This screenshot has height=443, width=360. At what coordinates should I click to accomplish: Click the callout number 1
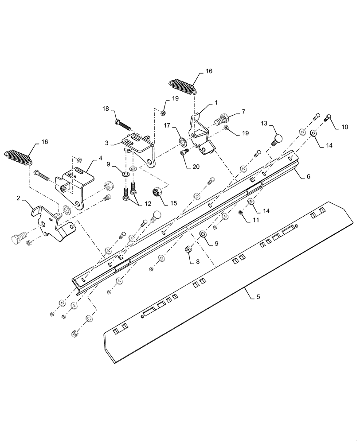(216, 102)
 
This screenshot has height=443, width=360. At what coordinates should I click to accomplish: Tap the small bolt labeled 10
(328, 117)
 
